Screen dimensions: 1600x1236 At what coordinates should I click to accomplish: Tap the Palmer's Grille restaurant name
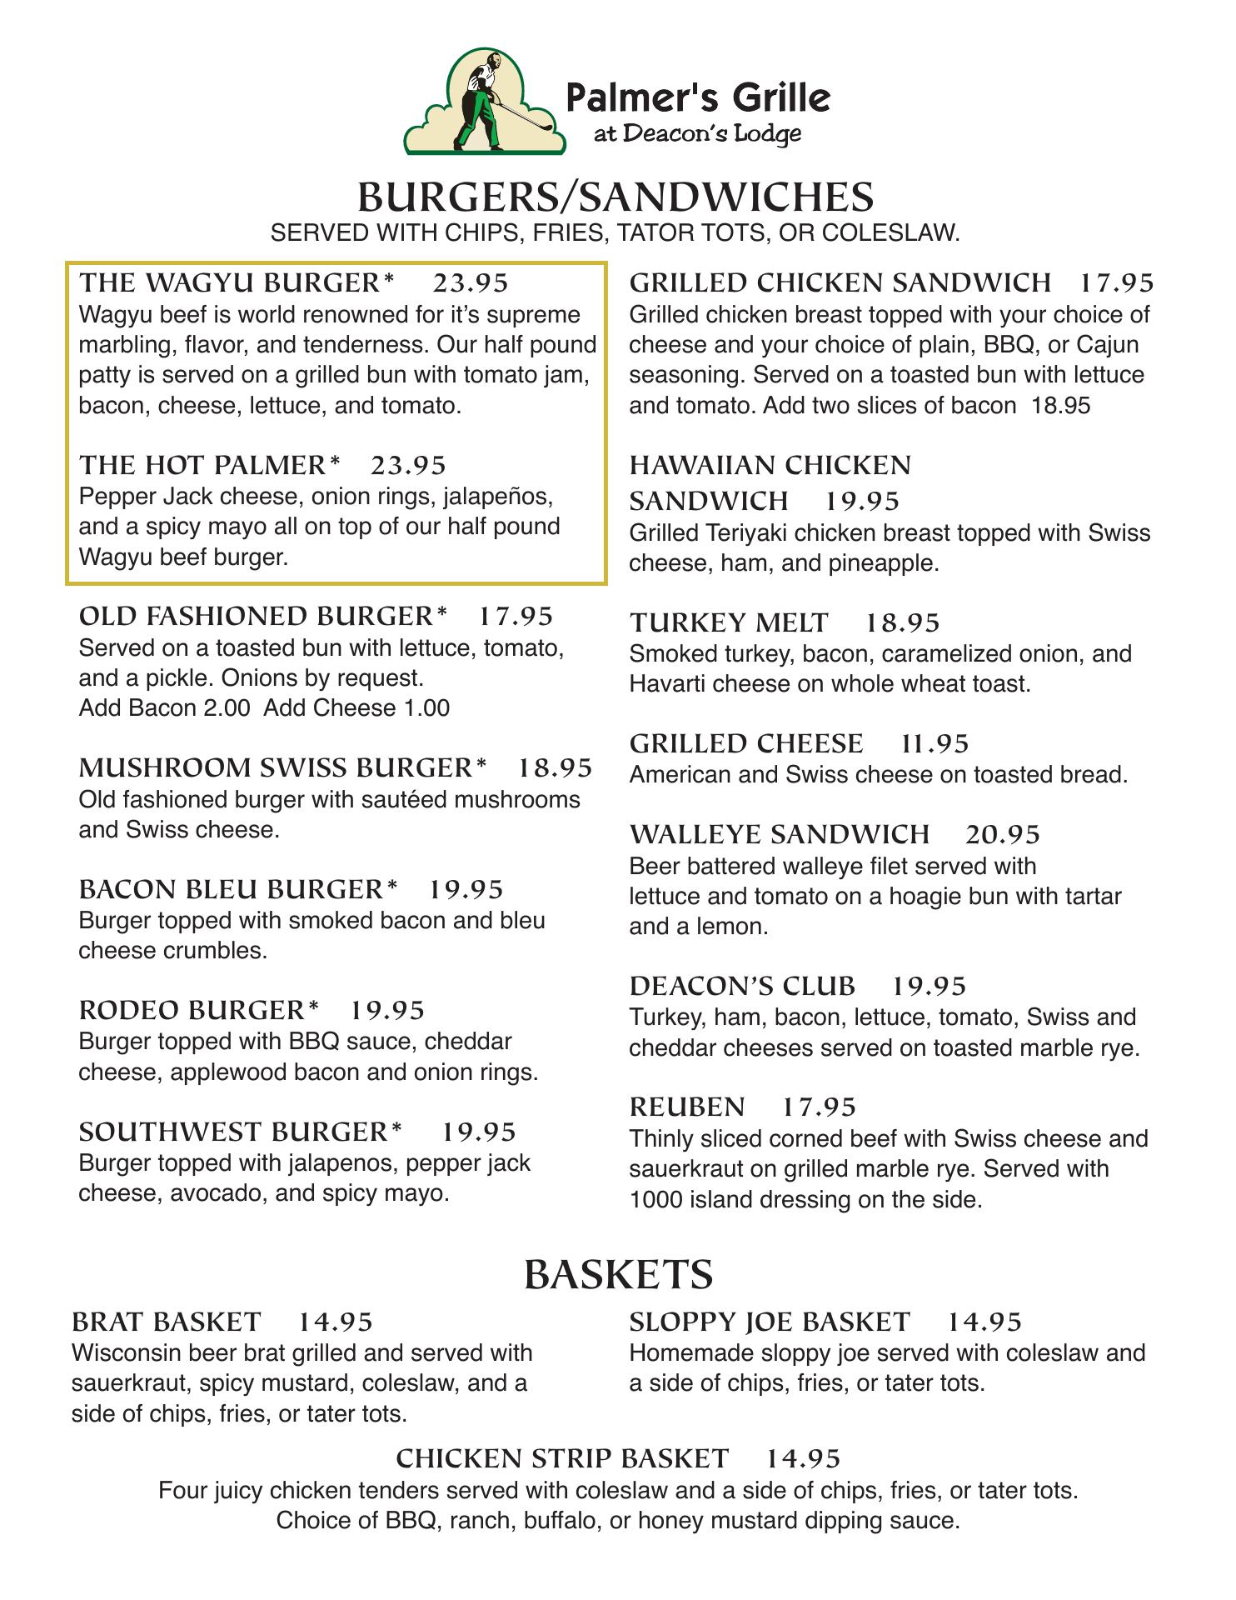tap(698, 97)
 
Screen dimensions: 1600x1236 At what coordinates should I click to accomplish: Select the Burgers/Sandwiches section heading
tap(616, 197)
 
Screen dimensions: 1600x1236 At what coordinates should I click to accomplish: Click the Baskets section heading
tap(619, 1274)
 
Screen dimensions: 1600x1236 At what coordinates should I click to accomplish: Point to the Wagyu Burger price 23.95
tap(471, 283)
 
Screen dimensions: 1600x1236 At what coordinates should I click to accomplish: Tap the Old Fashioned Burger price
tap(516, 616)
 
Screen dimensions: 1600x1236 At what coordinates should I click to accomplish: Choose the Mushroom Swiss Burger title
tap(282, 767)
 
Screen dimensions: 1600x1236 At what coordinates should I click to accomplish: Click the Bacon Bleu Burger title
tap(238, 889)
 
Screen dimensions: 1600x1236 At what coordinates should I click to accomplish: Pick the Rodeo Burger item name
tap(199, 1010)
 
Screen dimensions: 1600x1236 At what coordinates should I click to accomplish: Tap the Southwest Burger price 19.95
tap(479, 1132)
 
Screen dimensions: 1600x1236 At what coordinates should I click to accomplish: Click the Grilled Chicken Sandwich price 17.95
tap(1117, 283)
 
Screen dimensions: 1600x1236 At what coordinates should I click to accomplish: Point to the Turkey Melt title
tap(729, 622)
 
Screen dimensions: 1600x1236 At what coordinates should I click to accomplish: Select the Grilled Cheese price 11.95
tap(935, 743)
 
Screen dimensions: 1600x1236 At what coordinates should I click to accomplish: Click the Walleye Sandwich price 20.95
tap(1003, 834)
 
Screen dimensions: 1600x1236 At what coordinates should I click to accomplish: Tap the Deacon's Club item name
tap(742, 986)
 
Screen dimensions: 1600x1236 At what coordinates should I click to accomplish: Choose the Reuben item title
tap(687, 1107)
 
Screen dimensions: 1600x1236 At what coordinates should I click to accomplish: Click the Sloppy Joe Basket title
tap(770, 1322)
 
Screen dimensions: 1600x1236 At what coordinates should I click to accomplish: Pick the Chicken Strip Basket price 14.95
tap(803, 1457)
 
